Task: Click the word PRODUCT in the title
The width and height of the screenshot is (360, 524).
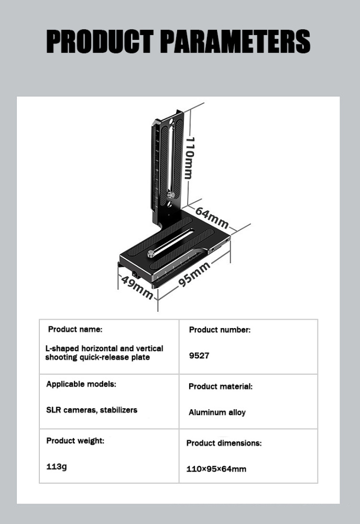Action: coord(100,41)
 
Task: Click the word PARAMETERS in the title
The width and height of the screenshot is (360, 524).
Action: coord(236,41)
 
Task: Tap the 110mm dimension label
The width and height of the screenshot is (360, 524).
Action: coord(190,157)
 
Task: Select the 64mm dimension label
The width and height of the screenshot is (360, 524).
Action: coord(212,217)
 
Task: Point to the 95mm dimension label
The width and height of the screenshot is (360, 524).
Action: coord(194,275)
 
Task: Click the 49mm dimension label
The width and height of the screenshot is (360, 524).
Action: coord(137,287)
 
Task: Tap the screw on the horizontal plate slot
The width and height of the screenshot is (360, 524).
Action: coord(151,254)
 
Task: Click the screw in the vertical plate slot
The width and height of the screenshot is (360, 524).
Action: coord(171,194)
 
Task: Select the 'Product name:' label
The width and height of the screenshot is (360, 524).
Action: coord(75,330)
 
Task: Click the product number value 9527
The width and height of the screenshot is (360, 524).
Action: coord(199,356)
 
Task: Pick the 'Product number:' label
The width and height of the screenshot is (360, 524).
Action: coord(220,330)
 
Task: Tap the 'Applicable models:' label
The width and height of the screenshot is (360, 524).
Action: coord(81,384)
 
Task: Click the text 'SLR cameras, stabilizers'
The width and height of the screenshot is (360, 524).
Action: coord(92,410)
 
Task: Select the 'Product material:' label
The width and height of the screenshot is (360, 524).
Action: coord(221,387)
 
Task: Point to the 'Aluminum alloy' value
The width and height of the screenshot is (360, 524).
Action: coord(217,413)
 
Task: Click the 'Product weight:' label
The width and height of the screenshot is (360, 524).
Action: coord(75,441)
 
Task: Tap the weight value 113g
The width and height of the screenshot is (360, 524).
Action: coord(57,466)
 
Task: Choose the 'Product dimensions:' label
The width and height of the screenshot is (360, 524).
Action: coord(224,443)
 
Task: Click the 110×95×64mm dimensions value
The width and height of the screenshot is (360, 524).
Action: coord(216,469)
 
